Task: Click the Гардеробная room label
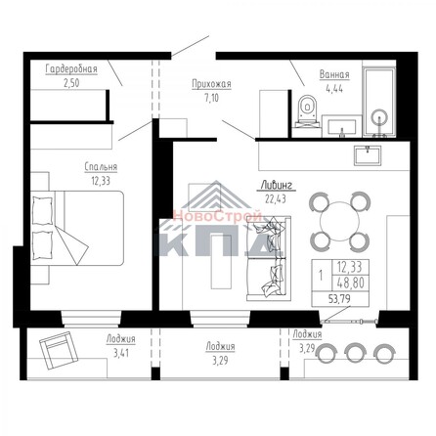(x=70, y=70)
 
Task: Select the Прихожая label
(x=211, y=85)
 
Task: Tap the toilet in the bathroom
(x=305, y=112)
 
